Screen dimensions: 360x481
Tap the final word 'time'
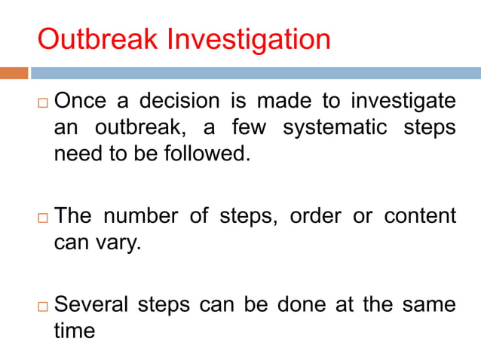point(74,331)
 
